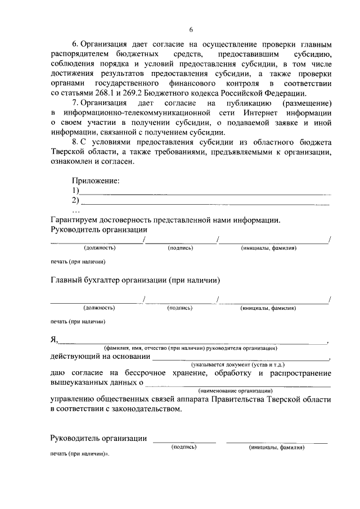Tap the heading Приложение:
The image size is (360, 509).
pyautogui.click(x=95, y=181)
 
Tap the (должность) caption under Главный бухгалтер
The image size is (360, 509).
pyautogui.click(x=100, y=308)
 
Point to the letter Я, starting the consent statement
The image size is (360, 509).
pyautogui.click(x=54, y=340)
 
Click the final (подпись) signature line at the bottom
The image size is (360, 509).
pyautogui.click(x=184, y=441)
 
